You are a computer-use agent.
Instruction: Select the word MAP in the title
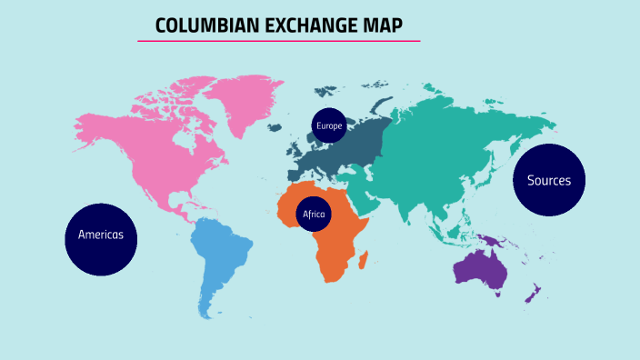tap(378, 25)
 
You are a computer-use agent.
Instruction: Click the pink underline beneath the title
tap(279, 41)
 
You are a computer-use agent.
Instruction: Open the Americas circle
tap(101, 235)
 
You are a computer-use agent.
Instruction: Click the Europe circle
tap(329, 125)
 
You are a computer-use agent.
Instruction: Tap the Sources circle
tap(549, 180)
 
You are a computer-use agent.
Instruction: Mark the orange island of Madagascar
tap(365, 262)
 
